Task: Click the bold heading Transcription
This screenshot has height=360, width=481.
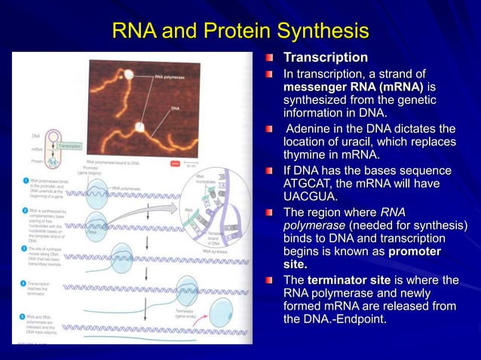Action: pyautogui.click(x=325, y=58)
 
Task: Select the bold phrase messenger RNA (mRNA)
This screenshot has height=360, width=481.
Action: pyautogui.click(x=352, y=87)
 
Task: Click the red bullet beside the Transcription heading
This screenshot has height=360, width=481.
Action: pyautogui.click(x=270, y=58)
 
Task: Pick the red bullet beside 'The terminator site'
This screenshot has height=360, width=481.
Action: pyautogui.click(x=270, y=281)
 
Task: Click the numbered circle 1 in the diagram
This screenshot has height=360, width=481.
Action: pyautogui.click(x=24, y=182)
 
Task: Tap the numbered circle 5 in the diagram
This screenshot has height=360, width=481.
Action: pyautogui.click(x=24, y=317)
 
